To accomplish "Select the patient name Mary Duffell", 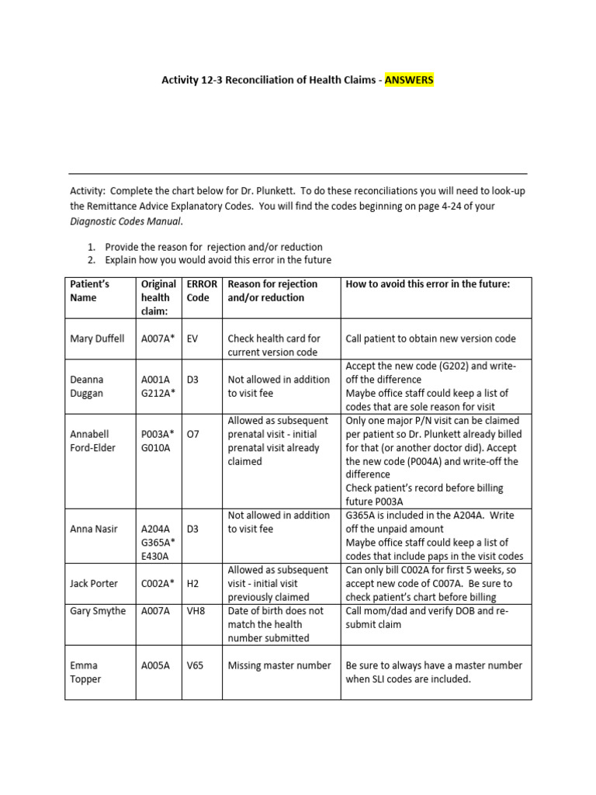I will point(97,338).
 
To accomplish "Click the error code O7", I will point(193,434).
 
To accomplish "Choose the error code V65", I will point(195,665).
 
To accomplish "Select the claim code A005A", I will point(155,665).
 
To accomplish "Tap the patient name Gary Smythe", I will point(98,611).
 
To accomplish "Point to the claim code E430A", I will point(155,556).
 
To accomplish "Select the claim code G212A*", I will point(158,393).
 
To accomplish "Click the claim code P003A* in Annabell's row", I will point(158,434).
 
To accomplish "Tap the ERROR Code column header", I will point(202,290).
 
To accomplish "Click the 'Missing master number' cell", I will point(279,665).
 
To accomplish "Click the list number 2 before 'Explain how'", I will point(91,260).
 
